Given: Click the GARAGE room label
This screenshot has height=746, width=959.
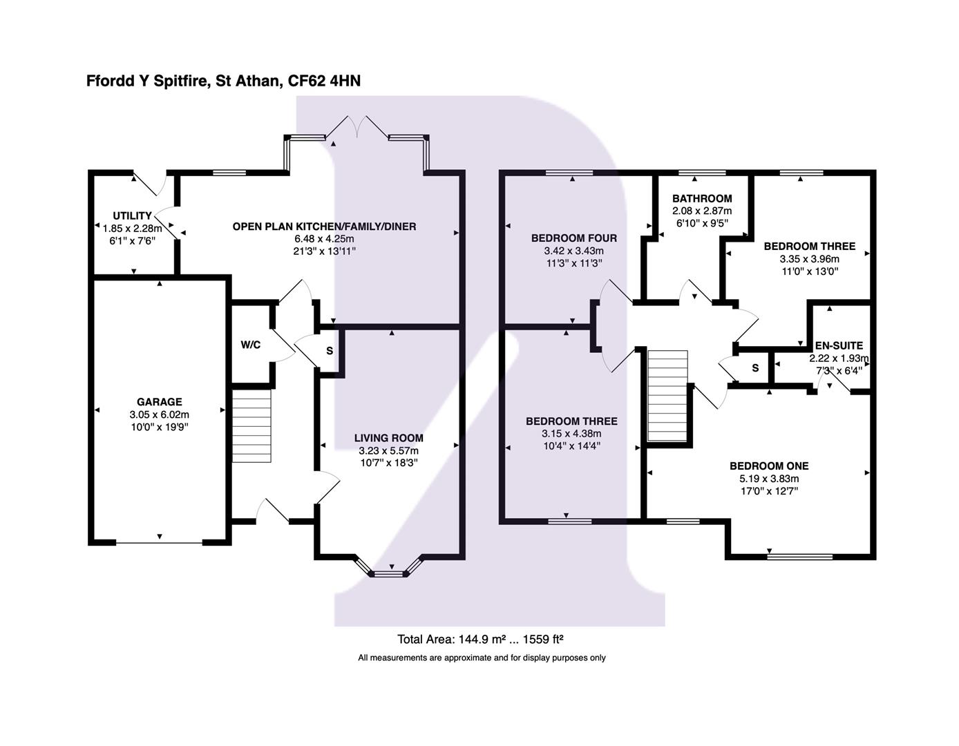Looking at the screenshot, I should tap(159, 402).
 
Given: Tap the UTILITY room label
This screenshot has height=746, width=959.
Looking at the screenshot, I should tap(132, 216).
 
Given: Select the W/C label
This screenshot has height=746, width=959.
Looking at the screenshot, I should tap(250, 345).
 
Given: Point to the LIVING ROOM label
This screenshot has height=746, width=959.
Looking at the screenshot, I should tap(388, 438).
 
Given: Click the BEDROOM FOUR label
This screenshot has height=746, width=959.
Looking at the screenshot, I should tap(573, 238).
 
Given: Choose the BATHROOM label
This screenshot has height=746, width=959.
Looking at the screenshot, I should tap(701, 199).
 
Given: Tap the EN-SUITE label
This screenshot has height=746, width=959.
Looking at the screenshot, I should tap(839, 346).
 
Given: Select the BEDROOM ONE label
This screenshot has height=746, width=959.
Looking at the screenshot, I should tap(768, 466).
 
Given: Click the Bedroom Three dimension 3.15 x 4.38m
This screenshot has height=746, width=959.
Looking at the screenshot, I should tap(571, 434).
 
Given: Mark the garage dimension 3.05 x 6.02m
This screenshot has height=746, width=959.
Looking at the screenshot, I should tap(159, 414).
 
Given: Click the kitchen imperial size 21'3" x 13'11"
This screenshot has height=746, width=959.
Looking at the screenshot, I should tap(324, 251).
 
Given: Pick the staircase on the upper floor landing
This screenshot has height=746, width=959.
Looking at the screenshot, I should tap(668, 395).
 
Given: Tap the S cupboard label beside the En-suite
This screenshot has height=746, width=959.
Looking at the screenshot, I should tap(755, 368).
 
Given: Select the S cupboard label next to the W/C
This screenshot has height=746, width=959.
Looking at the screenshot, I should tap(330, 351).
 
